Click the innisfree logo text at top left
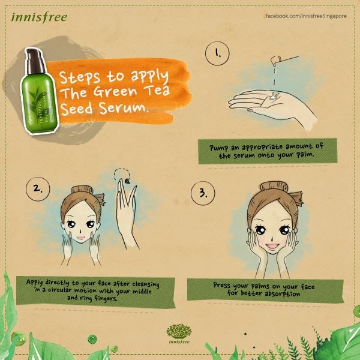click(x=39, y=17)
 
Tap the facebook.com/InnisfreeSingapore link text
click(x=306, y=16)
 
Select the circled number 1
click(x=217, y=53)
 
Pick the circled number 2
click(x=38, y=189)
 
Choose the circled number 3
click(x=203, y=193)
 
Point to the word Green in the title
click(x=115, y=91)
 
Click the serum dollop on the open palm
click(x=273, y=96)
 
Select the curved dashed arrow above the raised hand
click(x=122, y=175)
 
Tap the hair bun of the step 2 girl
click(x=82, y=190)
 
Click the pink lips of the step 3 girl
click(x=272, y=247)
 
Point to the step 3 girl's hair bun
click(x=274, y=187)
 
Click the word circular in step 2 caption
click(x=59, y=290)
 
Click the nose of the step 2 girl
click(x=80, y=230)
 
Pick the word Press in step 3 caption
click(x=222, y=286)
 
